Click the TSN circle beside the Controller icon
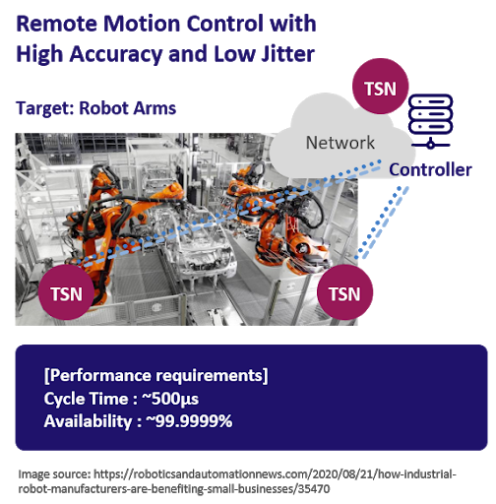click(380, 87)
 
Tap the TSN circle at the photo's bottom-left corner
click(66, 292)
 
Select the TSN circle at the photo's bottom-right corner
click(344, 292)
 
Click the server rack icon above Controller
click(431, 121)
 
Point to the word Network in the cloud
click(341, 143)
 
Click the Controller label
click(430, 170)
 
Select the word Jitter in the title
click(287, 54)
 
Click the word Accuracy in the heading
click(116, 54)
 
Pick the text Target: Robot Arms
click(96, 108)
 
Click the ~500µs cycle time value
click(170, 399)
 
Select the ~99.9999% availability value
click(189, 421)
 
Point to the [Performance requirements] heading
click(155, 376)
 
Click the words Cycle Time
click(86, 399)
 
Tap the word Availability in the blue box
click(88, 421)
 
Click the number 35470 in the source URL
click(314, 489)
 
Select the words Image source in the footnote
click(54, 474)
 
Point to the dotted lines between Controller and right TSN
click(382, 222)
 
